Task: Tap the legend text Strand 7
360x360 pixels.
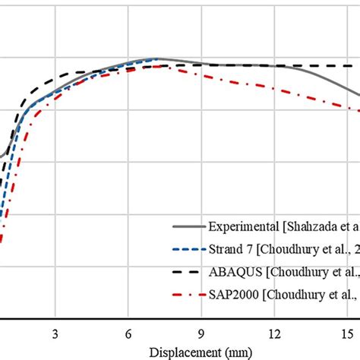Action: [x=232, y=249]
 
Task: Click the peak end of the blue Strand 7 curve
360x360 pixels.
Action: [x=157, y=58]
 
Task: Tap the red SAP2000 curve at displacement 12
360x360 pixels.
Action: [x=273, y=88]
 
